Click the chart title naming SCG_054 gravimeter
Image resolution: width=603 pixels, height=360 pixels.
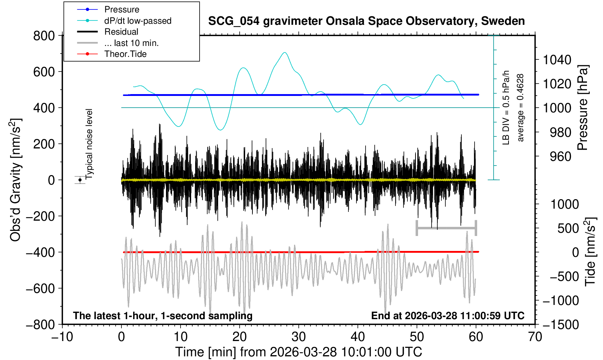(366, 21)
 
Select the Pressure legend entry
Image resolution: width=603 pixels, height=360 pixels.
(121, 9)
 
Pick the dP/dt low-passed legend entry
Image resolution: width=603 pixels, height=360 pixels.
(138, 21)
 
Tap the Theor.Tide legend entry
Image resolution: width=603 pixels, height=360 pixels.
(125, 54)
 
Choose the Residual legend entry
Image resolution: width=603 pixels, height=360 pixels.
(121, 32)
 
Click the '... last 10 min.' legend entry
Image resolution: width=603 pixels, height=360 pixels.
(131, 43)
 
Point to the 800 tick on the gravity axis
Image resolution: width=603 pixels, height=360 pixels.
(44, 36)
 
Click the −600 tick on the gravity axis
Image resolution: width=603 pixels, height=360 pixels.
(40, 288)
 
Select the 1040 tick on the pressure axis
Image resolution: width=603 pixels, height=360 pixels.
(557, 59)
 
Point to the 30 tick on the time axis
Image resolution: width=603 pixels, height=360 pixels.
(298, 336)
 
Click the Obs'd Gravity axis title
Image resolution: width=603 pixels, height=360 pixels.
(16, 180)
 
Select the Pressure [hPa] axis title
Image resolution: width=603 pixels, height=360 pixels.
(583, 108)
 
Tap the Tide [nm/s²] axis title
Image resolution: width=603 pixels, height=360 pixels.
(591, 252)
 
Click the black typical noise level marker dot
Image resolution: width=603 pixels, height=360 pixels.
(80, 180)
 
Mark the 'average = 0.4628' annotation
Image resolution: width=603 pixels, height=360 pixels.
(520, 108)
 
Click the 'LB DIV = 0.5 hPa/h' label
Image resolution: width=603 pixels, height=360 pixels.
(506, 108)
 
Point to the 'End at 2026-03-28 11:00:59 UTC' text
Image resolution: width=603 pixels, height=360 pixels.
(448, 316)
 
